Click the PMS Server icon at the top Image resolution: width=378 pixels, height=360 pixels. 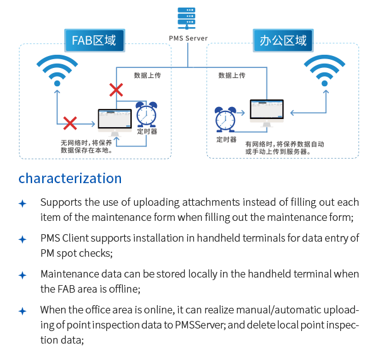187,18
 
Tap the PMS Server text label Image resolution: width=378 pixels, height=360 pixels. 188,38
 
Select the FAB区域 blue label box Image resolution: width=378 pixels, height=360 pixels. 94,41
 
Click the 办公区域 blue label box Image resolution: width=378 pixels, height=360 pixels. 283,41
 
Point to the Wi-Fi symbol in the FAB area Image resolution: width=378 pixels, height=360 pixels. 57,69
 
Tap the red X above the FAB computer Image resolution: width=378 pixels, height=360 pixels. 116,89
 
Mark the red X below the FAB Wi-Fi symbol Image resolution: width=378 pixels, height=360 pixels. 70,121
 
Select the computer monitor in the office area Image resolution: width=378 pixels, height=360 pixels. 267,111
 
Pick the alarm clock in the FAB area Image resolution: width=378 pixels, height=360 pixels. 146,113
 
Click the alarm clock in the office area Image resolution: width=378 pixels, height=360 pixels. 225,118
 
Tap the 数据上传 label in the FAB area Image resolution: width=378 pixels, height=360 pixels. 147,76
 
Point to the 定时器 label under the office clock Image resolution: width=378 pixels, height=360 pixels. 226,139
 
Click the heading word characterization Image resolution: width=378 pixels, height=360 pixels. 70,178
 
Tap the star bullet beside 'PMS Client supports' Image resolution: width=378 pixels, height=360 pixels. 23,239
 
